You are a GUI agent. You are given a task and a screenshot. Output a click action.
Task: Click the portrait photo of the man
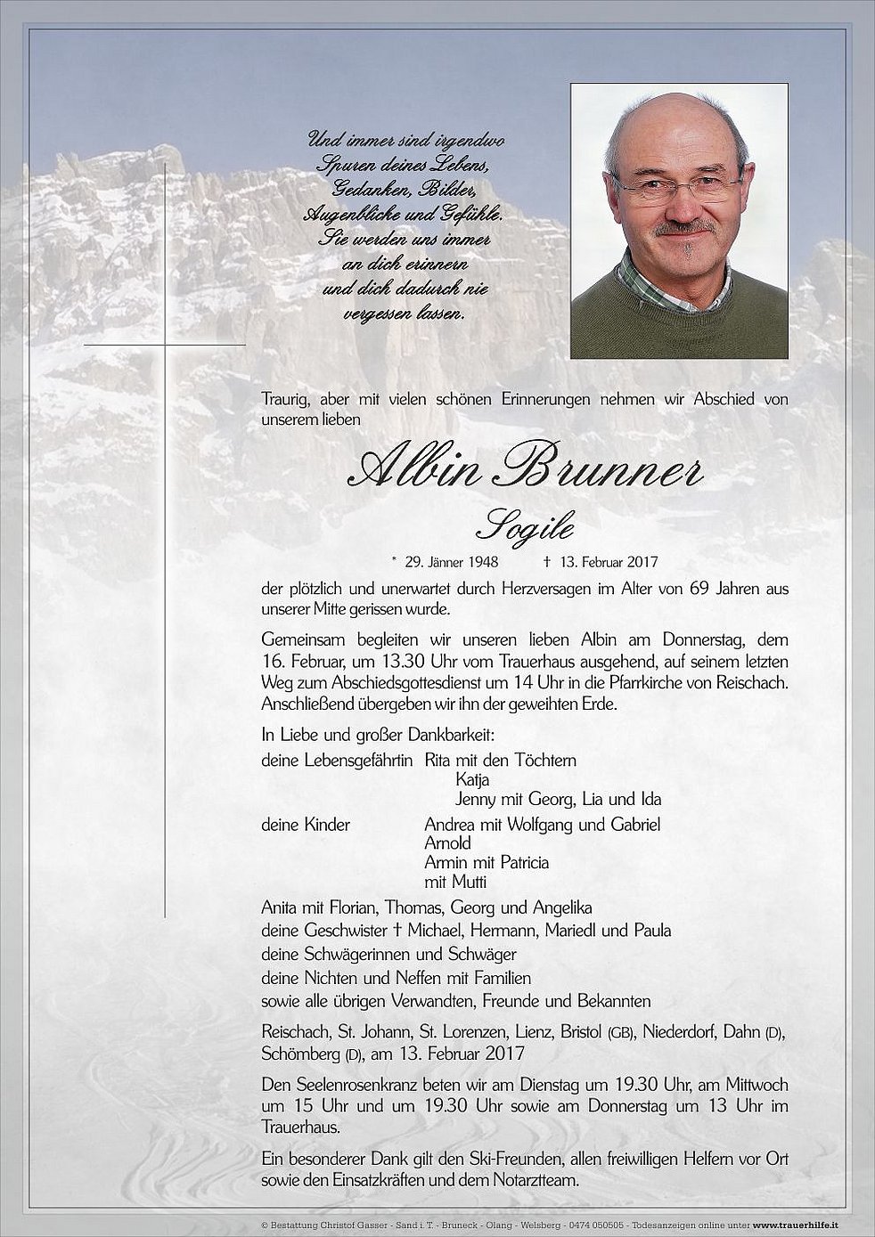[x=679, y=222]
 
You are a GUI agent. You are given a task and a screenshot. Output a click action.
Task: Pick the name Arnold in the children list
[x=448, y=842]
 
